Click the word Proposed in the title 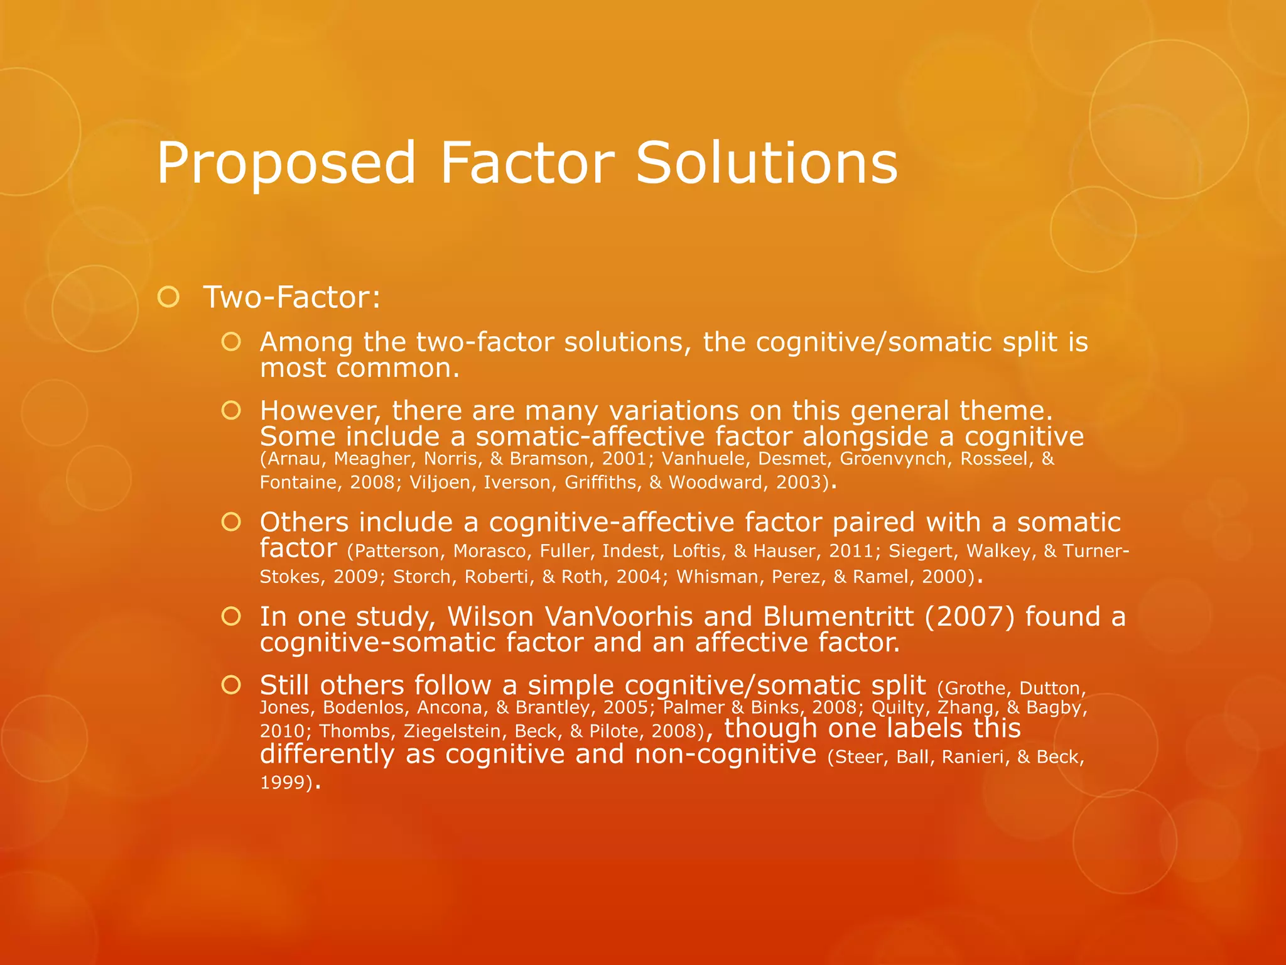tap(286, 163)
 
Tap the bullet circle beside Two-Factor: tap(168, 297)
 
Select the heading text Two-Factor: tap(291, 297)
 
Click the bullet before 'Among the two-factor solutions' tap(231, 342)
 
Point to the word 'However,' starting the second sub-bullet tap(320, 411)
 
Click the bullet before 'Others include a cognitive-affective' tap(231, 521)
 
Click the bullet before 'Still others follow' tap(231, 685)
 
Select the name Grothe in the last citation tap(978, 689)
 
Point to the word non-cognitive tap(725, 754)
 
